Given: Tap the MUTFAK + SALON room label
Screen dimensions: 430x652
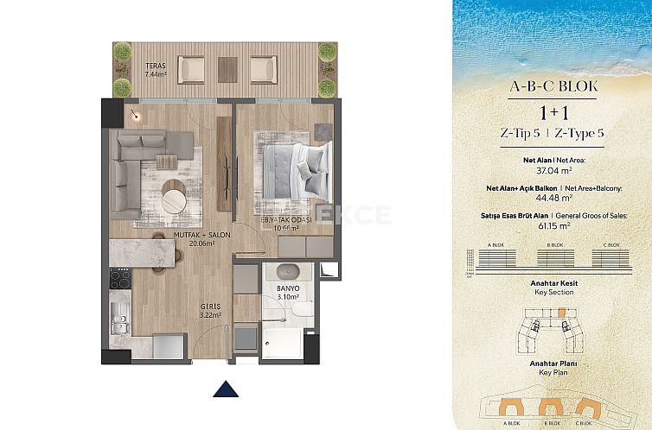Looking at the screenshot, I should [x=201, y=238].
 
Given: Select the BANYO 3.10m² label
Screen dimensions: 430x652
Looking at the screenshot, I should [x=288, y=292].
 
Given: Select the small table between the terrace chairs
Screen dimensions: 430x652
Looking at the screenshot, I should [x=227, y=68].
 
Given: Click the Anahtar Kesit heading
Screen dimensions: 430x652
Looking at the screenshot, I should [x=553, y=283].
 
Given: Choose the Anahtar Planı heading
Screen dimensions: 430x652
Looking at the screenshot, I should [x=553, y=364].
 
